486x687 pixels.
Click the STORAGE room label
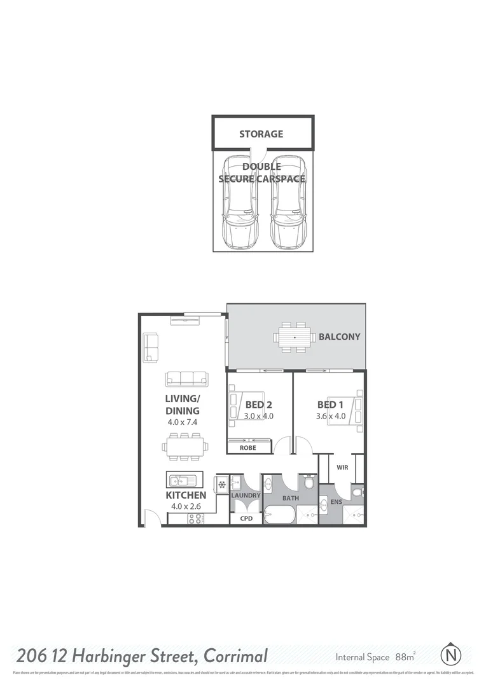pos(261,134)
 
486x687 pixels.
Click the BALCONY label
pos(339,337)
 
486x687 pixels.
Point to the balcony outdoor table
pos(295,337)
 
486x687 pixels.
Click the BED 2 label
pos(259,404)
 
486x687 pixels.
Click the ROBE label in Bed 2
pos(247,448)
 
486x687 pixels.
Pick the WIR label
pos(342,468)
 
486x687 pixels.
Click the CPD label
pos(246,518)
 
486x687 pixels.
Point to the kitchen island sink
pos(180,479)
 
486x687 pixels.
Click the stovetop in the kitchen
pos(195,519)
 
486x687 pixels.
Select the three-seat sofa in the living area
pos(186,379)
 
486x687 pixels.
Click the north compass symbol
pos(450,654)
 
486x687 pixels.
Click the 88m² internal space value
pos(405,656)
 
